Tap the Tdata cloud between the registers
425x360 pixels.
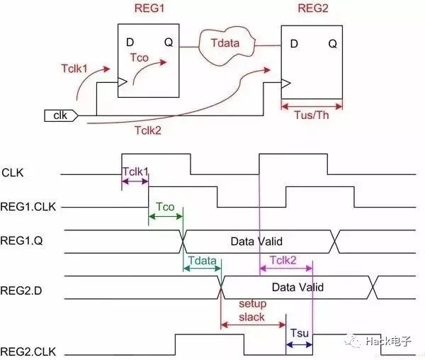point(227,42)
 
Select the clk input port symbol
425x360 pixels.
point(60,114)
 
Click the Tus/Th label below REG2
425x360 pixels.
point(312,115)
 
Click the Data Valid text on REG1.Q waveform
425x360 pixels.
point(257,242)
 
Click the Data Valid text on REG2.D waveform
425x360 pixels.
point(297,287)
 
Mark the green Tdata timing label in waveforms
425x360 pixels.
point(202,261)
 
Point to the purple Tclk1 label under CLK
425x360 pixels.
point(135,172)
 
